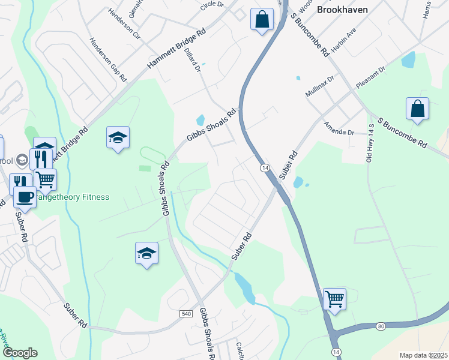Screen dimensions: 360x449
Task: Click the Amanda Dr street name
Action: (x=339, y=127)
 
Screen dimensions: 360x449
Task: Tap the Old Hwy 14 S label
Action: (x=370, y=143)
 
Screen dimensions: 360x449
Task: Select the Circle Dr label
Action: (x=212, y=5)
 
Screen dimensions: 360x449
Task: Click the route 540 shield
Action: (x=185, y=314)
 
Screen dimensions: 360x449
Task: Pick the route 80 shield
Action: (x=381, y=326)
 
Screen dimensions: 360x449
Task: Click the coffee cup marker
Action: (x=25, y=196)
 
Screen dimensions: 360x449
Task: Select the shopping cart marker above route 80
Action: (x=334, y=298)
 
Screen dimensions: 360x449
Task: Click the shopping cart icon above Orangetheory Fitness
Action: (x=45, y=179)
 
